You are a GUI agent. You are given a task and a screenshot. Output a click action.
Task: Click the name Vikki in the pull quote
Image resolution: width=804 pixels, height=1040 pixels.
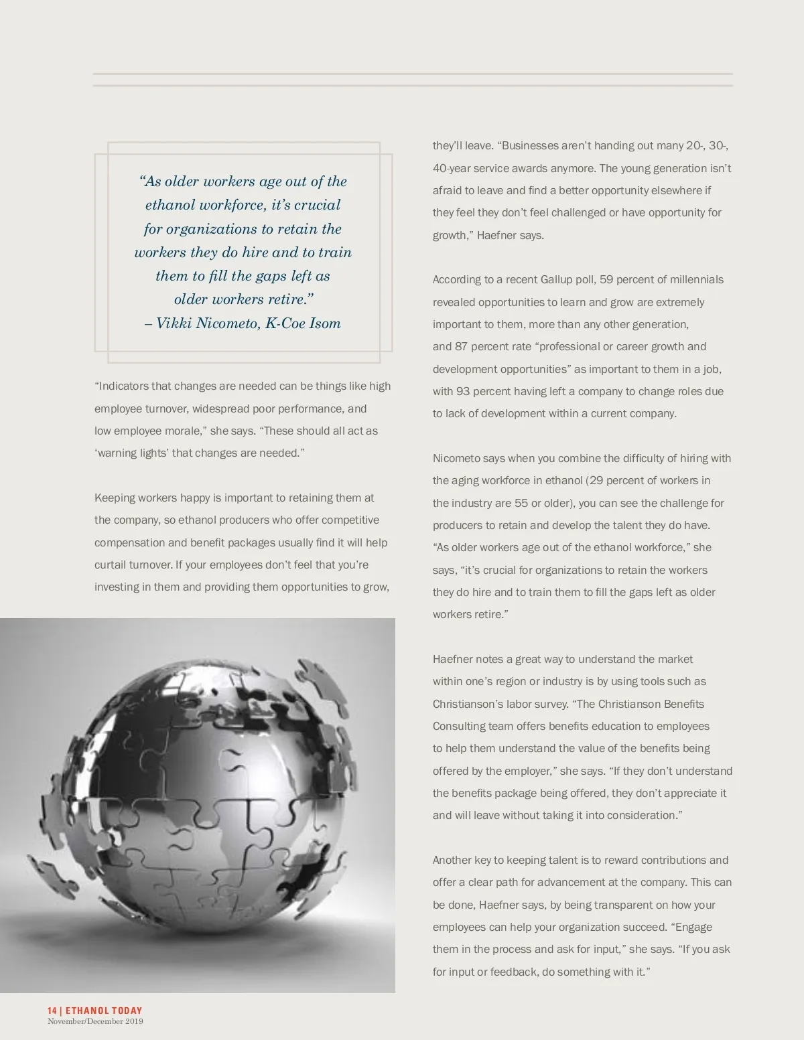click(173, 323)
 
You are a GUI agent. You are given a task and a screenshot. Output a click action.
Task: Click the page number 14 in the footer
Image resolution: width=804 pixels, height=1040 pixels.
click(52, 1011)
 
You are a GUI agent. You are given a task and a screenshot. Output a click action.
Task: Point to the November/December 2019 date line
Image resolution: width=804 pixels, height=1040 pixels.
click(95, 1021)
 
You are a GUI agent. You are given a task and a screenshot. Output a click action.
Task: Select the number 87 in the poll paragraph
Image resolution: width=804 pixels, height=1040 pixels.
click(461, 347)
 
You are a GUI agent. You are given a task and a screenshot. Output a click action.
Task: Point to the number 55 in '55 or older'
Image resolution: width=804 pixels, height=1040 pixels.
click(521, 504)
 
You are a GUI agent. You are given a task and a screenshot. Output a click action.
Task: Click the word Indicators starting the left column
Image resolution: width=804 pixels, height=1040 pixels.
click(123, 386)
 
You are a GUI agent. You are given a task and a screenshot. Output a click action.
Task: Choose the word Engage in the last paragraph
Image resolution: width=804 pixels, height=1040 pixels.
click(693, 927)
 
